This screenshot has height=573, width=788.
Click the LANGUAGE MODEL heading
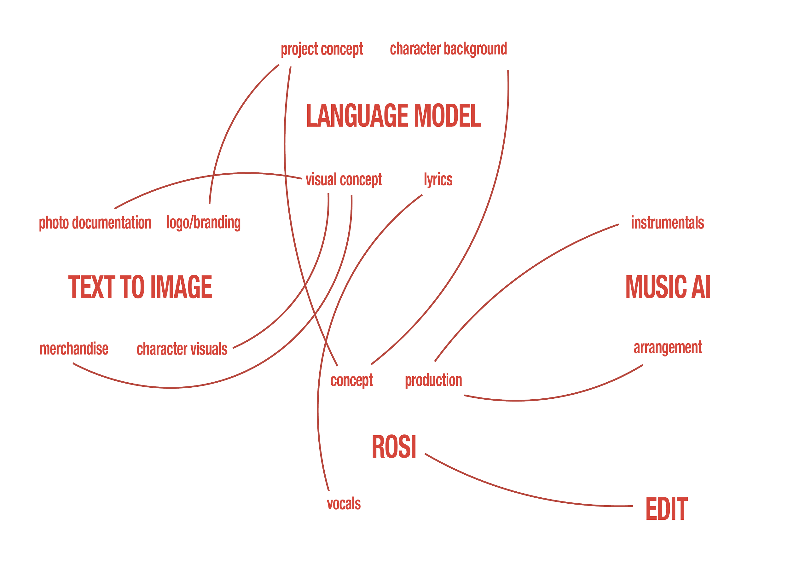point(393,116)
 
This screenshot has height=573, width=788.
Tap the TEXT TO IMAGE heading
point(140,287)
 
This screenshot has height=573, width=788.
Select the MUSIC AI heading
point(668,287)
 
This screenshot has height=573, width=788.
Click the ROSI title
point(394,447)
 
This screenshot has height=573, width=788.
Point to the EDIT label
point(666,509)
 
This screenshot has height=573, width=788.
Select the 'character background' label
point(448,49)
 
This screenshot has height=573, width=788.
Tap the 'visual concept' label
point(344,180)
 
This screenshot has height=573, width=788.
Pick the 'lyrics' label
point(438,180)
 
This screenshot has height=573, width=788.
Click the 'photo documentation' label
point(95,223)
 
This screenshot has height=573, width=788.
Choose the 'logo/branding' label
point(204,223)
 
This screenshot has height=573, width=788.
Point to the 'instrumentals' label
point(667,223)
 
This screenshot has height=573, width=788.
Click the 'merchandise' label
point(74,349)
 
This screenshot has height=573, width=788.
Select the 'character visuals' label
point(182,349)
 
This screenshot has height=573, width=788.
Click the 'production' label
point(433,380)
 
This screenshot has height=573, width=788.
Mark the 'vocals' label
point(344,504)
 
